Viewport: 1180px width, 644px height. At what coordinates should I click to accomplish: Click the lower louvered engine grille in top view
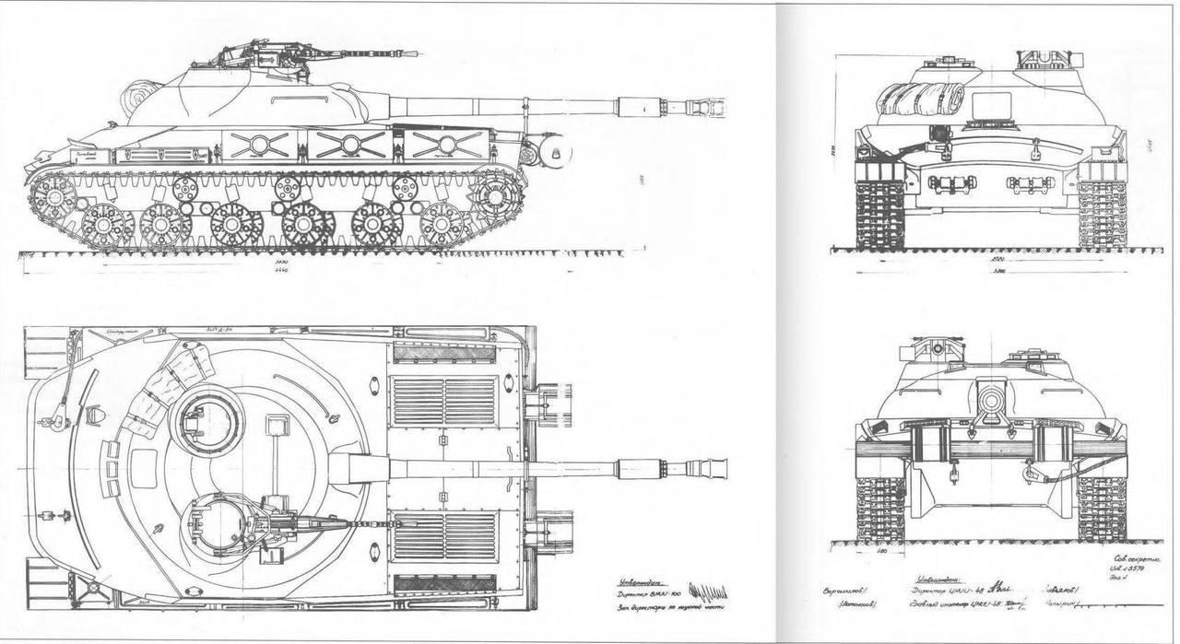[444, 537]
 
